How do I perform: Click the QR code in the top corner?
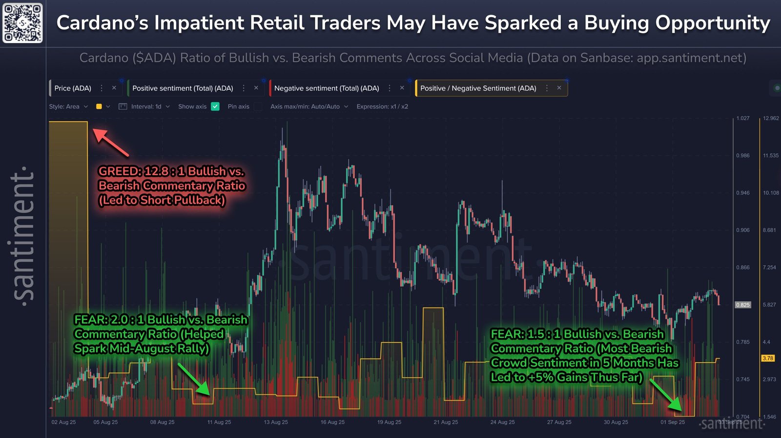click(x=22, y=22)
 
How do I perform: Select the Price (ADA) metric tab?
click(x=73, y=88)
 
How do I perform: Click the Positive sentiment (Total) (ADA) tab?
click(x=183, y=88)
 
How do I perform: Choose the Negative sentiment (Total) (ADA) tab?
click(x=326, y=88)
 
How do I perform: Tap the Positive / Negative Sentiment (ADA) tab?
click(x=478, y=88)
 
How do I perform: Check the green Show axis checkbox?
click(x=215, y=106)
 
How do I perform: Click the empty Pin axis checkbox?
click(x=258, y=106)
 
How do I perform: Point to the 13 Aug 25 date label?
click(x=276, y=422)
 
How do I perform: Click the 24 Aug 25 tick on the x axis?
click(x=502, y=422)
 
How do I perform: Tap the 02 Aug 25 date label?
click(x=63, y=422)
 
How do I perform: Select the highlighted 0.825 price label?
click(x=742, y=305)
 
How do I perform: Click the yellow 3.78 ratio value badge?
click(x=768, y=358)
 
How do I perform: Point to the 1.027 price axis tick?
click(x=742, y=118)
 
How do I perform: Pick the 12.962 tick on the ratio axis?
click(x=771, y=118)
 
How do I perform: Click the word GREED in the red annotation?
click(x=120, y=171)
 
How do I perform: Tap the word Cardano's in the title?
click(x=102, y=23)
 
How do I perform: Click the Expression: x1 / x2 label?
click(x=382, y=106)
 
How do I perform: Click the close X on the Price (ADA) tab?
click(x=114, y=88)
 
